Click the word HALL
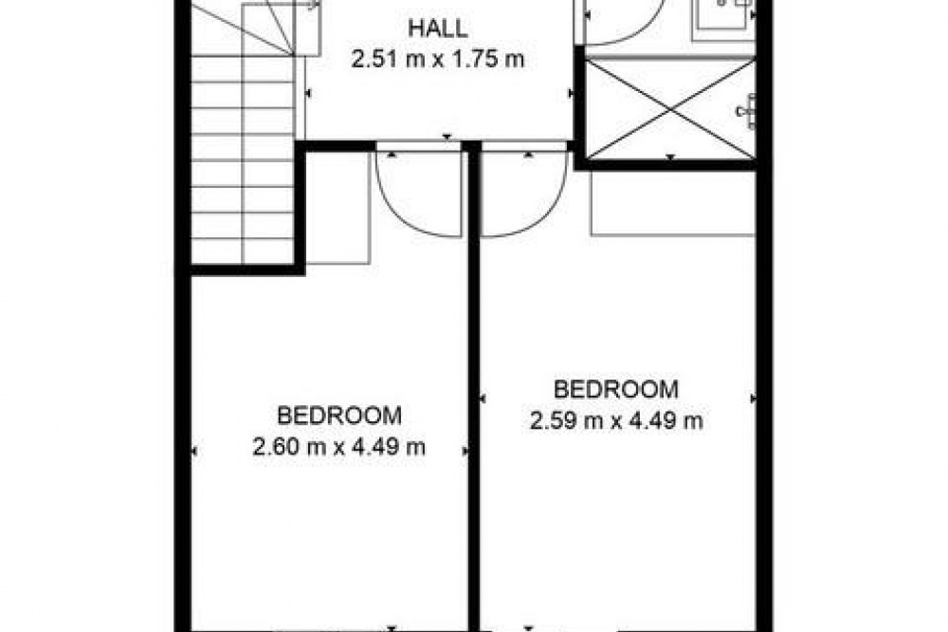click(437, 28)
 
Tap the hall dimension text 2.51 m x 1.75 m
click(437, 60)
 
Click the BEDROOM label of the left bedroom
click(339, 416)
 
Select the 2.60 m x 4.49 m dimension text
click(338, 447)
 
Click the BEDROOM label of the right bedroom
click(616, 389)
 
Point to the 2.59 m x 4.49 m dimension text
click(616, 420)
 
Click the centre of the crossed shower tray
click(670, 109)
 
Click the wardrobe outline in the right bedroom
click(673, 203)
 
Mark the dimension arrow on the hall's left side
click(308, 93)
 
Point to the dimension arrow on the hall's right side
click(570, 93)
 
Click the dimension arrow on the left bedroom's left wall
click(194, 451)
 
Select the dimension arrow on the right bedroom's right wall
click(753, 399)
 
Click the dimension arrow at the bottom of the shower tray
click(670, 158)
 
